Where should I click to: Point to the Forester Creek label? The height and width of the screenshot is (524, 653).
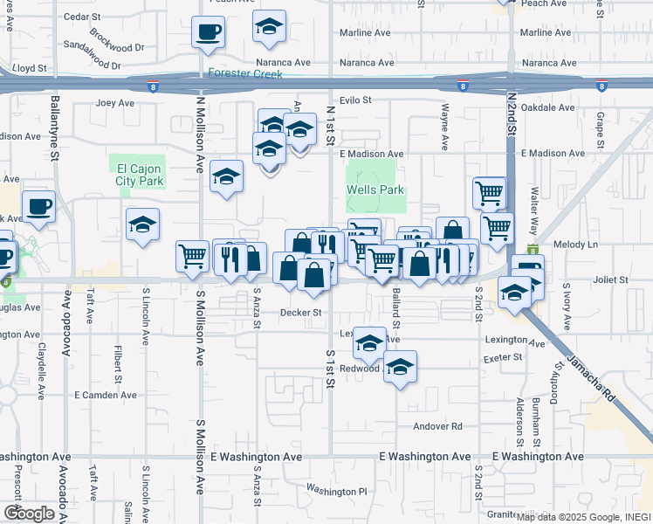tap(245, 73)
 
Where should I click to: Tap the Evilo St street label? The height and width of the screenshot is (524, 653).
tap(355, 100)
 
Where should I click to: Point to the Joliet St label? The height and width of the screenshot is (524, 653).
tap(611, 280)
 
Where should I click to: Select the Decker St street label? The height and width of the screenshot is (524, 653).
tap(301, 312)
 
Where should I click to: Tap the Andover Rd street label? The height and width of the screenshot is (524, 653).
tap(436, 426)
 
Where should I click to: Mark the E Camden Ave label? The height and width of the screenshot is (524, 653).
tap(106, 395)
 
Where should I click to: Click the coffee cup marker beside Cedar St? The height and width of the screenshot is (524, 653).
tap(209, 32)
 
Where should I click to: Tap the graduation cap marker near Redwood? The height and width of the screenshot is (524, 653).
tap(400, 367)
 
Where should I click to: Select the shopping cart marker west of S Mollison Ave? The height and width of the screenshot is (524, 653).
tap(192, 256)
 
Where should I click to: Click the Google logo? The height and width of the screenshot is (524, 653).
tap(28, 513)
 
